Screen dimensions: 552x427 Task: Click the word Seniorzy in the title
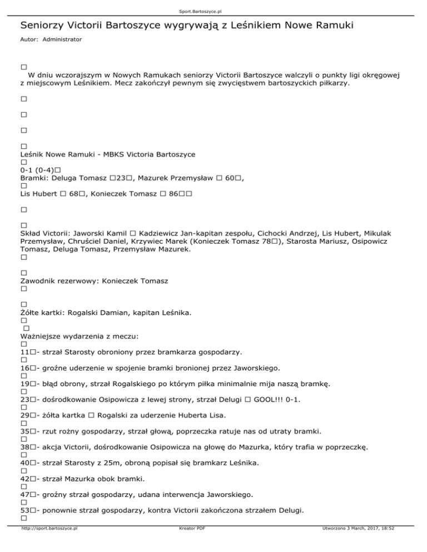click(x=44, y=26)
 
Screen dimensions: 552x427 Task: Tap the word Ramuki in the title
click(x=333, y=26)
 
